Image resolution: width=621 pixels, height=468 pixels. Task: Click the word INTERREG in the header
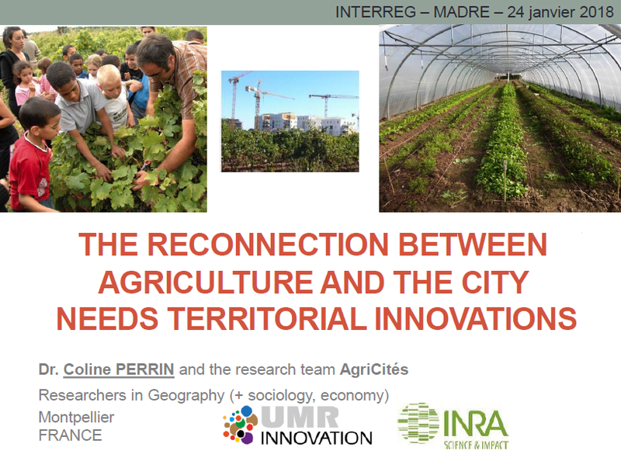pos(376,12)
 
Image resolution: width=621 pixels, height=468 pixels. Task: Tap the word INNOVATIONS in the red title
pos(475,319)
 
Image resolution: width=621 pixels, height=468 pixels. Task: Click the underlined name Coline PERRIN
pos(119,369)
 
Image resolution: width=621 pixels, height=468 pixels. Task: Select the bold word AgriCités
pos(374,369)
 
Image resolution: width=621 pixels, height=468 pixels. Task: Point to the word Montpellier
pos(76,418)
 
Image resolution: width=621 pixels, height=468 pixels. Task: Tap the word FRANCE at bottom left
pos(71,435)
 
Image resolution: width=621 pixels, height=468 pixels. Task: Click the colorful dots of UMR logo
pos(240,425)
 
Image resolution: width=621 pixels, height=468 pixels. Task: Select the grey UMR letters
pos(300,417)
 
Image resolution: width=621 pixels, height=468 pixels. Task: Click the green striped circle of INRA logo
pos(418,423)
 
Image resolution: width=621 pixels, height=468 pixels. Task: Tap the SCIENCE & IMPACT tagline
pos(476,445)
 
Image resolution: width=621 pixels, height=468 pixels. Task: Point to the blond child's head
pos(110,78)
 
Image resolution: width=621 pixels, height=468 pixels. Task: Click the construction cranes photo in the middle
pos(290,121)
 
